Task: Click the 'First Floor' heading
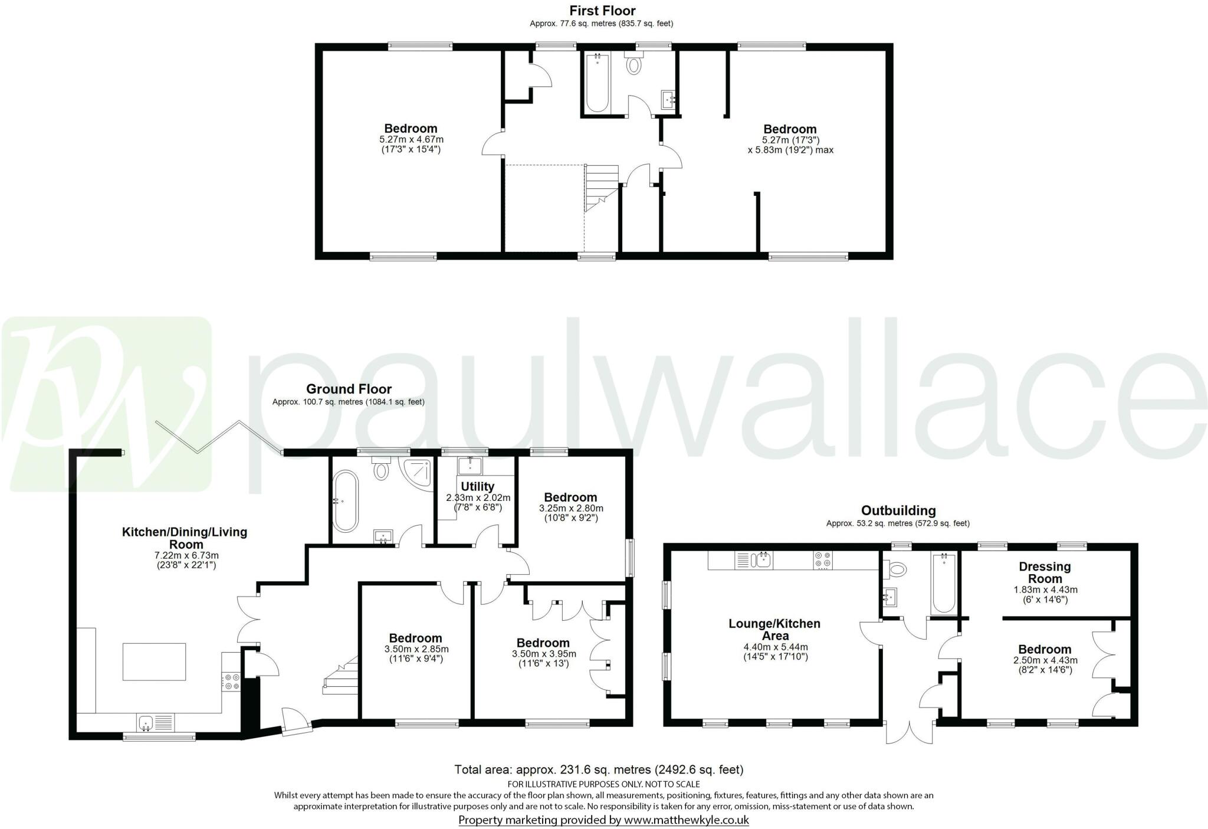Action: click(x=602, y=11)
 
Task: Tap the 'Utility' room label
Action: click(x=477, y=487)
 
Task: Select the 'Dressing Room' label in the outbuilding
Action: click(x=1045, y=572)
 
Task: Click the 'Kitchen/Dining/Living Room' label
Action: click(x=185, y=538)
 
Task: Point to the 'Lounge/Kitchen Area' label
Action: click(x=774, y=630)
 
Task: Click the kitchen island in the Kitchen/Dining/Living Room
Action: click(x=155, y=661)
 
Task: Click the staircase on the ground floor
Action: click(x=342, y=676)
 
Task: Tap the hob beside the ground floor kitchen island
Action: click(x=231, y=681)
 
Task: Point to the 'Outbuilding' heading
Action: click(x=898, y=510)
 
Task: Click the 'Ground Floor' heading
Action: click(x=349, y=389)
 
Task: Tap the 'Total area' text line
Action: click(x=599, y=769)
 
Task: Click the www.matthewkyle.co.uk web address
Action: click(x=686, y=820)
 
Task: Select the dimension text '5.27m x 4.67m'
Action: click(x=411, y=140)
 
